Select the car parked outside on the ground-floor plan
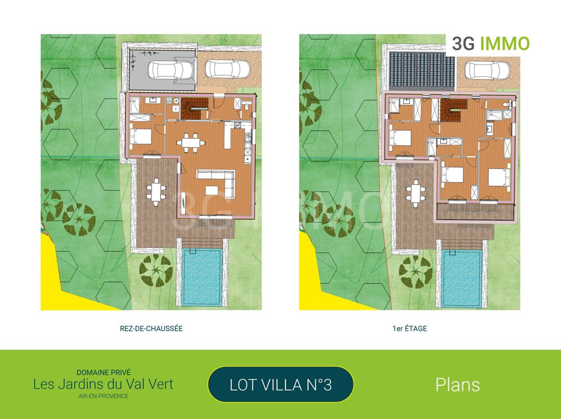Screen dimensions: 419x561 227,69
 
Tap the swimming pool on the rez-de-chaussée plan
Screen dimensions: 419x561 201,277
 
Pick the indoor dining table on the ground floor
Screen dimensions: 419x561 191,142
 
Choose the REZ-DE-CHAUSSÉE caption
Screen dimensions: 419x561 151,329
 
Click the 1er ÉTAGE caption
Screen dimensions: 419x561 410,329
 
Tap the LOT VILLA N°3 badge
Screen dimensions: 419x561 280,385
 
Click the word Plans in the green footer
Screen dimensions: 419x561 457,385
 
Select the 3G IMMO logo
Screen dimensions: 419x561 490,44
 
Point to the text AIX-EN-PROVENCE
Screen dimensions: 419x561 103,396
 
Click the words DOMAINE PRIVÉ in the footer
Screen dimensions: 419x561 103,372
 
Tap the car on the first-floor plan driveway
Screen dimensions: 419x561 488,70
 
